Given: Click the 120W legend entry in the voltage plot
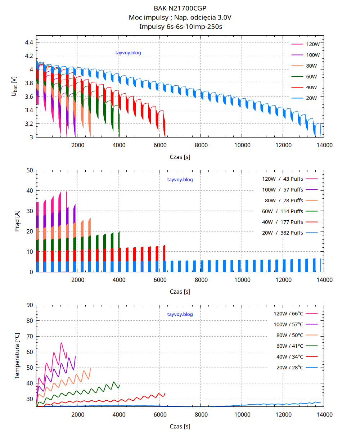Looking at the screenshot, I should pyautogui.click(x=313, y=44).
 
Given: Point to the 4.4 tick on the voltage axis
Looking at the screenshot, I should pyautogui.click(x=29, y=42).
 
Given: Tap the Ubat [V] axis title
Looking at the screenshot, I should pyautogui.click(x=14, y=86).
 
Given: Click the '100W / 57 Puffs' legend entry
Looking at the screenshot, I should pyautogui.click(x=283, y=189).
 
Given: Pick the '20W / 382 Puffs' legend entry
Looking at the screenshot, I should pyautogui.click(x=283, y=233).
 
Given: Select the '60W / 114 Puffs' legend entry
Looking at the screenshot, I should pyautogui.click(x=283, y=211).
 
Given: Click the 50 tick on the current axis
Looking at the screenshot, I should pyautogui.click(x=30, y=170).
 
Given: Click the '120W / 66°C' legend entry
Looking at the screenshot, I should pyautogui.click(x=288, y=314).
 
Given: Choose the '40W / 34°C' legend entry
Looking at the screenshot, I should pyautogui.click(x=290, y=357).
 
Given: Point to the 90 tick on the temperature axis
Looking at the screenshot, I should pyautogui.click(x=30, y=305).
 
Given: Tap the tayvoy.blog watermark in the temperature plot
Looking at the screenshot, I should pyautogui.click(x=180, y=314).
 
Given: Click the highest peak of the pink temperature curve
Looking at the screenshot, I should pyautogui.click(x=61, y=342).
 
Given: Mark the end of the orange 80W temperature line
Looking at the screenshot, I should pyautogui.click(x=90, y=368).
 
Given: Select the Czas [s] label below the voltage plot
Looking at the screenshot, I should pyautogui.click(x=180, y=157).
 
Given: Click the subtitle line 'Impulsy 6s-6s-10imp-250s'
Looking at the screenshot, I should pyautogui.click(x=180, y=26).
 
